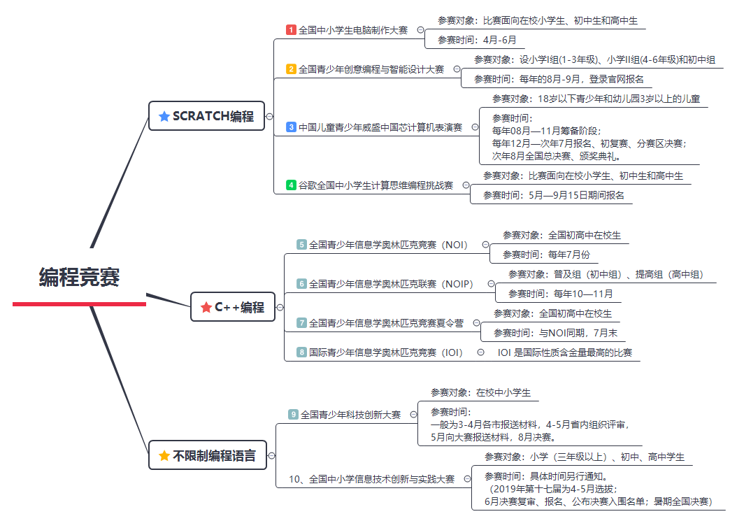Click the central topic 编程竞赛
(x=79, y=278)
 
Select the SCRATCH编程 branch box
(x=206, y=116)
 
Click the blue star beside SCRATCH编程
(x=164, y=116)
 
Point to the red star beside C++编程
(x=206, y=307)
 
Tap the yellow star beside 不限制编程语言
(x=164, y=456)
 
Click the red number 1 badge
(x=291, y=30)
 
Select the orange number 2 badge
(x=291, y=69)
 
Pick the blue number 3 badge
(x=291, y=127)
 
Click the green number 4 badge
(x=291, y=185)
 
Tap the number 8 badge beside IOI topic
(x=301, y=352)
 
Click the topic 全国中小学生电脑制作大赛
(x=353, y=30)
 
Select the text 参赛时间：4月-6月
(x=476, y=40)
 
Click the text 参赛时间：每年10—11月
(x=560, y=294)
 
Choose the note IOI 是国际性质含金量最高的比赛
(x=564, y=352)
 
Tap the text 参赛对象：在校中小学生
(x=480, y=392)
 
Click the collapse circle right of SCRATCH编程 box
(x=270, y=116)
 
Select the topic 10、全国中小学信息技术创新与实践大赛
(x=371, y=479)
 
